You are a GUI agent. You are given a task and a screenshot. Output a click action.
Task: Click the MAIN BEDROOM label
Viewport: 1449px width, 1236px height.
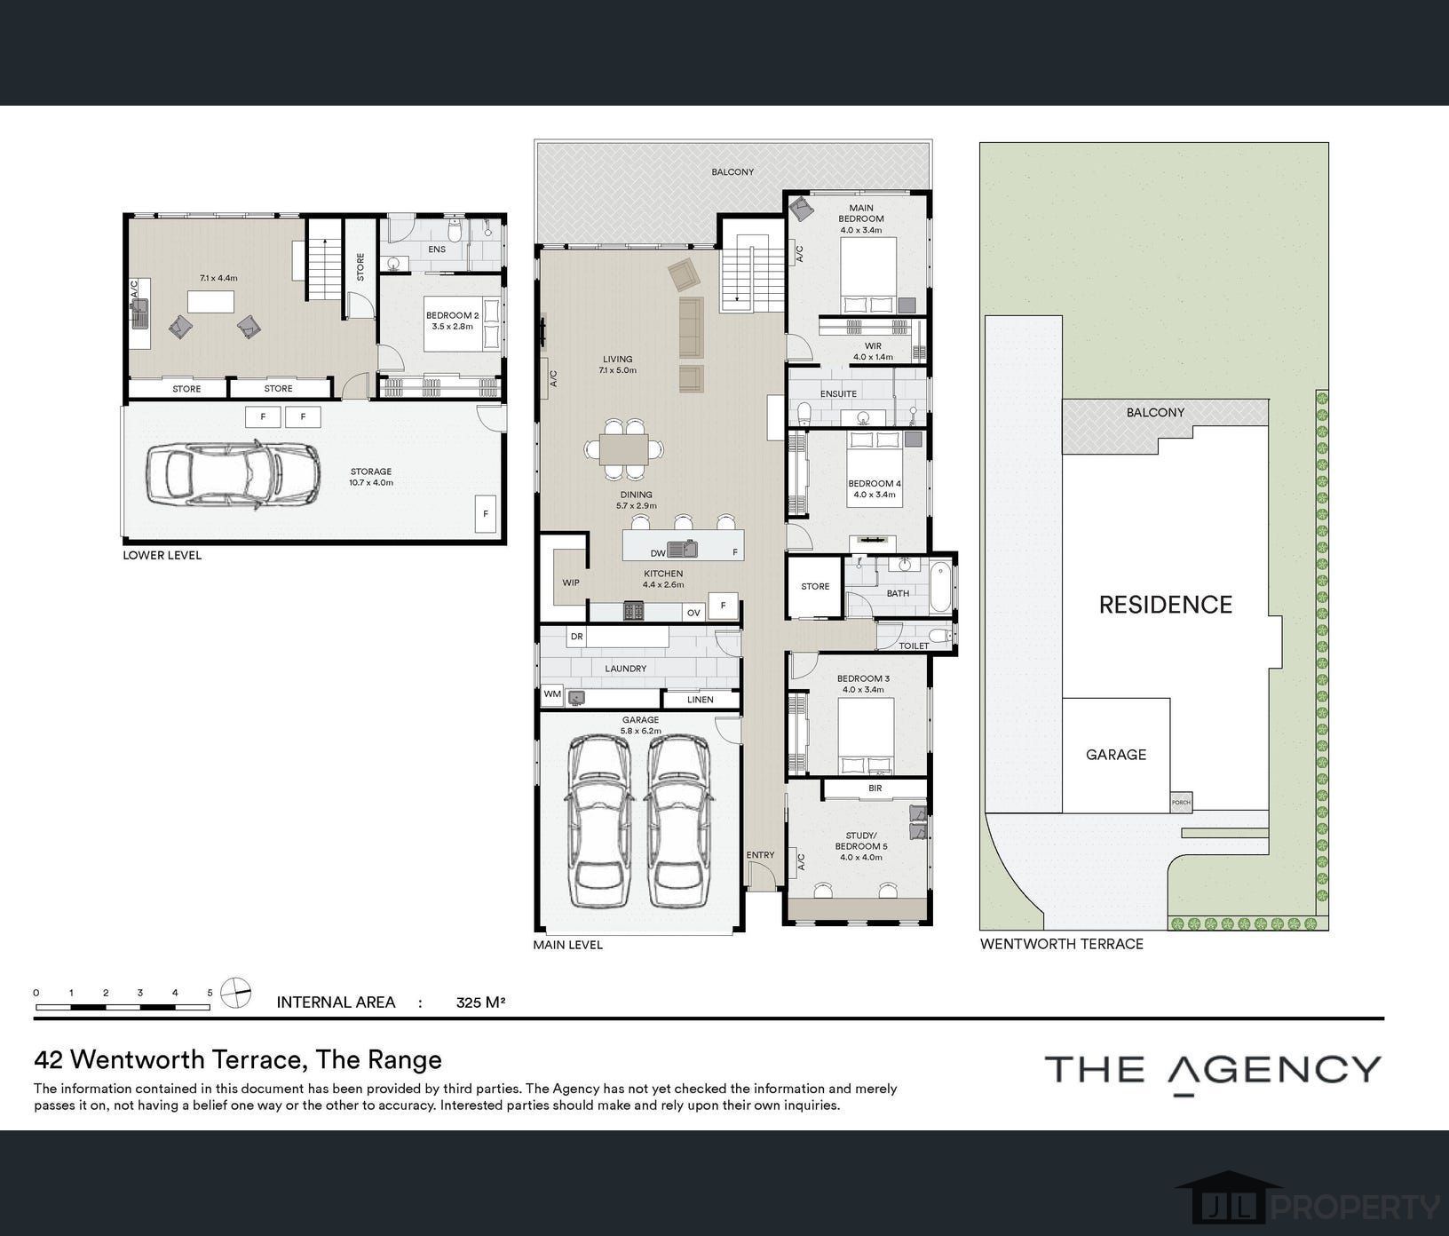pos(860,213)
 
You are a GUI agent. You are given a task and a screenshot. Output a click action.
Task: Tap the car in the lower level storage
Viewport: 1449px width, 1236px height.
pos(232,474)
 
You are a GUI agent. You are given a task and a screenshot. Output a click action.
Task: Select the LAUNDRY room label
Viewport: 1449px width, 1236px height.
pos(626,669)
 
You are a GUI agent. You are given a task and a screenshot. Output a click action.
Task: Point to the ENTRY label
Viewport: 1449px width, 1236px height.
pos(760,855)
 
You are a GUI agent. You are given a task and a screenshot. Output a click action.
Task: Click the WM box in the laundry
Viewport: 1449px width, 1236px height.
pos(552,694)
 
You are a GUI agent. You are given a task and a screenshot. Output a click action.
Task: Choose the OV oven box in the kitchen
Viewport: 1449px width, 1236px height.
pos(694,612)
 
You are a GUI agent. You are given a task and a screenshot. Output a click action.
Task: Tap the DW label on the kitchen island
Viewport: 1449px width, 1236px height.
pos(658,553)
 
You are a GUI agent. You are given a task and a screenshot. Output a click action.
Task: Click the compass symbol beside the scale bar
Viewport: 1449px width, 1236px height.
pos(235,993)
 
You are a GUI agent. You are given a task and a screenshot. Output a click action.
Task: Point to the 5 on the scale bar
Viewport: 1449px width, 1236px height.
pos(210,993)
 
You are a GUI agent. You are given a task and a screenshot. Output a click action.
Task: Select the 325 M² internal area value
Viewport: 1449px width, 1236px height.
pos(480,1002)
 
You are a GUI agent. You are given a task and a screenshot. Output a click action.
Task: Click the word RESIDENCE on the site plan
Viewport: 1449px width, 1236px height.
pos(1166,605)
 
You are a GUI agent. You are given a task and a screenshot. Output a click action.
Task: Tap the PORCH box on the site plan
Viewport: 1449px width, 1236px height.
pos(1181,802)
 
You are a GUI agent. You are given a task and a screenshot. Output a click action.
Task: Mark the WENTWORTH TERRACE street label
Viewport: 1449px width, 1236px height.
pos(1062,944)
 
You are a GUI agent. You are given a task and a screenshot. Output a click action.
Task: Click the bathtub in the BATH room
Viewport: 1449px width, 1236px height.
pos(940,585)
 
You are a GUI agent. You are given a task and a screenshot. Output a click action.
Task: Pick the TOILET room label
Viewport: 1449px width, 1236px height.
pos(914,646)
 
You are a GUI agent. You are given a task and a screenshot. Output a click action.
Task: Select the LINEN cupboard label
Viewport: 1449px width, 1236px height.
pos(701,700)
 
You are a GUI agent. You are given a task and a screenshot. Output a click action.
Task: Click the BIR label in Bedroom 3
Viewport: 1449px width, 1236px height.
pos(875,788)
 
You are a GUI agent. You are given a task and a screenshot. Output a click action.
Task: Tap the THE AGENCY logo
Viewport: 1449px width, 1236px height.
pos(1213,1072)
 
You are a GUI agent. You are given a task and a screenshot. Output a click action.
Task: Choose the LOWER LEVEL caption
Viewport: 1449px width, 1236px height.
pos(162,555)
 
